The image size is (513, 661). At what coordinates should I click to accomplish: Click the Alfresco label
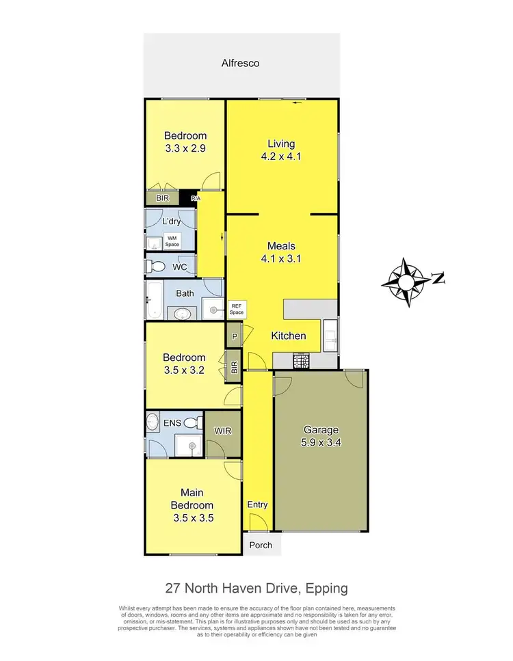(x=240, y=63)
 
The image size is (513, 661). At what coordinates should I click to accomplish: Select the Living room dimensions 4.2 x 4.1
(x=281, y=156)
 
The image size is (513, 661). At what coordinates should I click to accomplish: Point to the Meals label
(x=281, y=246)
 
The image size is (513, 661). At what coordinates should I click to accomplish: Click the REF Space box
(x=237, y=308)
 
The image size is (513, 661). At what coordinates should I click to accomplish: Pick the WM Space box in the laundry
(x=172, y=240)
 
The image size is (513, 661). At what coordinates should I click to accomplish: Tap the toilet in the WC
(x=157, y=265)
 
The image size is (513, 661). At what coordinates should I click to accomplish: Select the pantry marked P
(x=235, y=336)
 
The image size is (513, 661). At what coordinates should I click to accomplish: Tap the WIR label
(x=222, y=431)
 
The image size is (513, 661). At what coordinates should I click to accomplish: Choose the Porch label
(x=261, y=545)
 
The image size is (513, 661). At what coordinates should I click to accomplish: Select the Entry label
(x=257, y=504)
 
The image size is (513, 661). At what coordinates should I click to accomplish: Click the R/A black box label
(x=196, y=198)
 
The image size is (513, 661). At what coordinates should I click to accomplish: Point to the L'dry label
(x=171, y=221)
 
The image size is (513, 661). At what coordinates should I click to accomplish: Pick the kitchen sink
(x=330, y=335)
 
